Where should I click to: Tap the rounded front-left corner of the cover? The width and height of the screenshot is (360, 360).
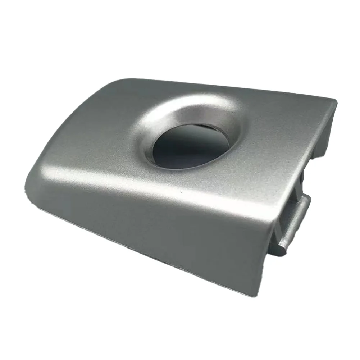[31, 183]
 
